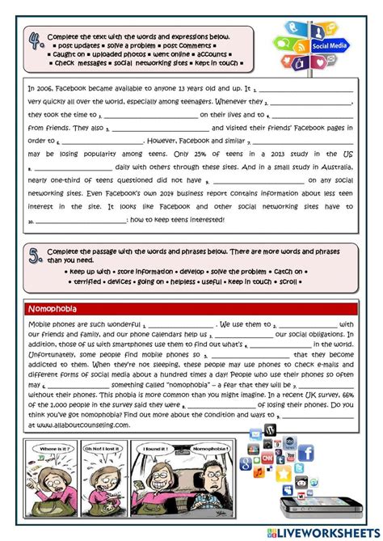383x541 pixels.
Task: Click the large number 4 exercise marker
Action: [x=34, y=43]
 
